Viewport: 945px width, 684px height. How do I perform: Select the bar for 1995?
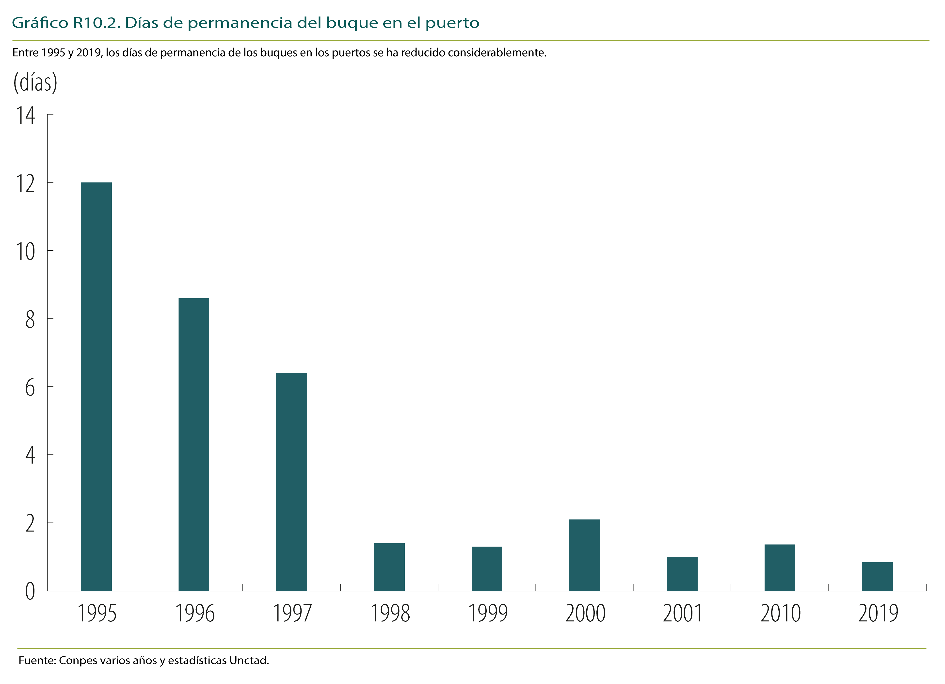(x=96, y=386)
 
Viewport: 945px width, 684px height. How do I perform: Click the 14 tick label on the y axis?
(x=25, y=116)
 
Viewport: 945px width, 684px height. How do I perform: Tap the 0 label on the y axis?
(x=30, y=591)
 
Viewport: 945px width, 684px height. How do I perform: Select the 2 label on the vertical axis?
(x=30, y=523)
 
